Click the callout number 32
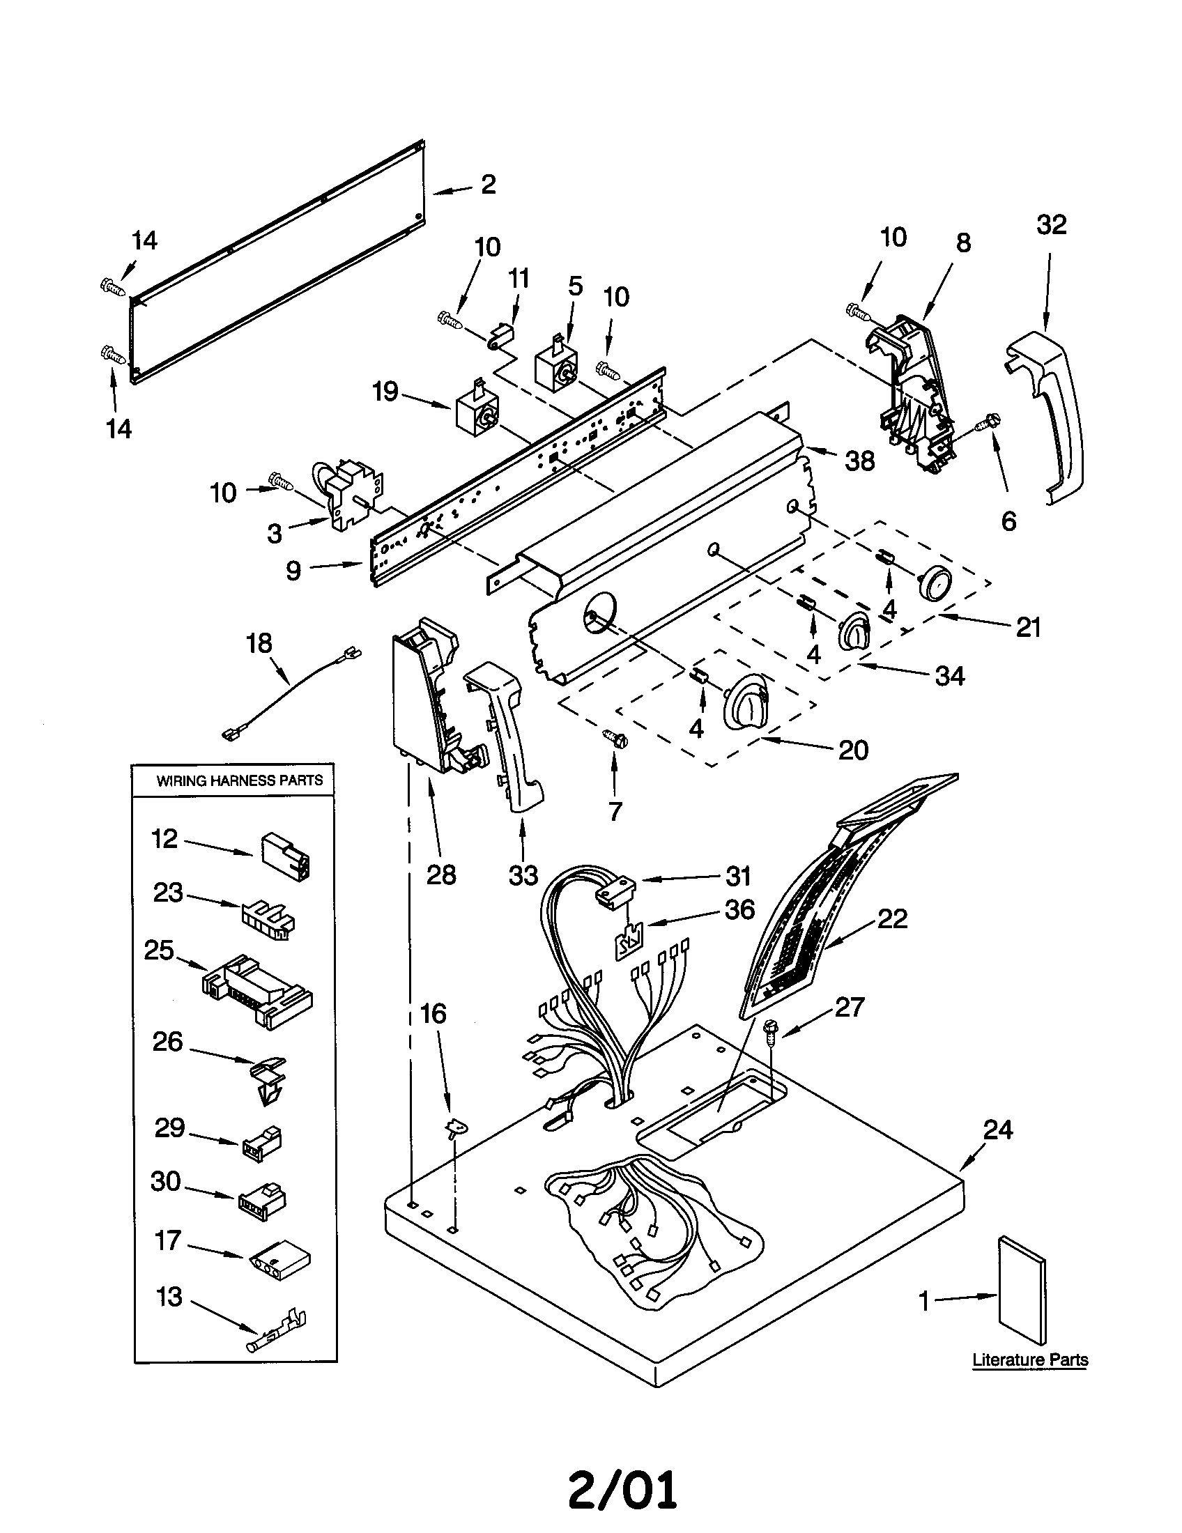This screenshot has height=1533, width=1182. point(1051,225)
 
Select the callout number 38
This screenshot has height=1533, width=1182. point(859,461)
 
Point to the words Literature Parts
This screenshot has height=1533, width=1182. point(1029,1359)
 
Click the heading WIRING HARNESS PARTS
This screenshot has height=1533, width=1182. point(238,780)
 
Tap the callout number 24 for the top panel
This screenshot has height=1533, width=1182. point(998,1130)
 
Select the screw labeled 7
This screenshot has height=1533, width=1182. point(615,739)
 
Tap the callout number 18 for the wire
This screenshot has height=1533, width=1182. point(259,643)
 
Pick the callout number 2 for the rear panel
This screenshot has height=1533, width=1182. point(489,185)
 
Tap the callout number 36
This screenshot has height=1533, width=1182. point(738,909)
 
